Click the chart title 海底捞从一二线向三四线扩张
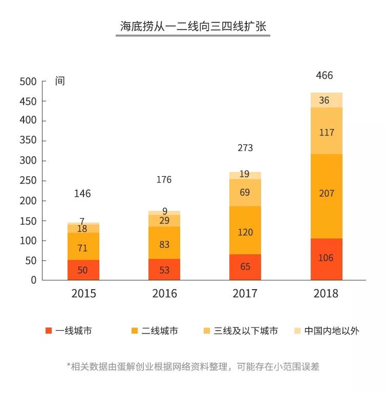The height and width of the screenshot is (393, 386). coord(193,27)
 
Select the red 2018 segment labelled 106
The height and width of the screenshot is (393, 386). coord(326,258)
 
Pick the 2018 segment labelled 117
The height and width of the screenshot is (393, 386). coord(326,132)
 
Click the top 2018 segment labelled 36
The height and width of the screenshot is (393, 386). coord(326,100)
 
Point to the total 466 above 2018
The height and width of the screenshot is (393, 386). coord(325,76)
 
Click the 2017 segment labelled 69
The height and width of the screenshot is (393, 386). coord(245,193)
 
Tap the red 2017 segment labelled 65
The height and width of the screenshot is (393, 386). coord(245,267)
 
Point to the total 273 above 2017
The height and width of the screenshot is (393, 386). coord(245,148)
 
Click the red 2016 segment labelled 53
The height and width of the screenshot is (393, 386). coord(164,269)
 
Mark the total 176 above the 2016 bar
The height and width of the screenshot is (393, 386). coord(164,180)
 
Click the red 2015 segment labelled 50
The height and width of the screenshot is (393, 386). coord(83,270)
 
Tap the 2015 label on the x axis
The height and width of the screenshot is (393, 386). coord(83,294)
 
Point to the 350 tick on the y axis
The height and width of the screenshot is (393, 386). coord(28,141)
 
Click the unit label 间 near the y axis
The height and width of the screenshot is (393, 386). coord(60,81)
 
